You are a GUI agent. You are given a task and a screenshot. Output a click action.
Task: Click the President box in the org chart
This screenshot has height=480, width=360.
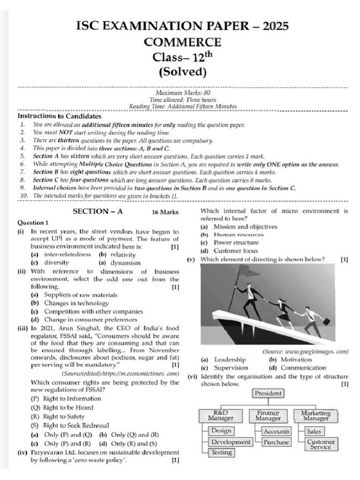[268, 394]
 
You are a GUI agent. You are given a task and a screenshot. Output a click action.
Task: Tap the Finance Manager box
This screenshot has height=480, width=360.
[268, 415]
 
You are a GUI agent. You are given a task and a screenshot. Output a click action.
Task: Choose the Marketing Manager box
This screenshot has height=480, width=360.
[315, 415]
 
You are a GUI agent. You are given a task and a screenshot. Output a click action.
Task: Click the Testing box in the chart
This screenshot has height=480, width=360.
[221, 453]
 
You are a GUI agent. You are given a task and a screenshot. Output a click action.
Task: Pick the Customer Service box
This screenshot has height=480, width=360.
[321, 444]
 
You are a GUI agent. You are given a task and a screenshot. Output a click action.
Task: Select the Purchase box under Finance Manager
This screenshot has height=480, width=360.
[276, 442]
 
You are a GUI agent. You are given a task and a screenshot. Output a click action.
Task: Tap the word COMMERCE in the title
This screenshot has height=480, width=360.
[182, 42]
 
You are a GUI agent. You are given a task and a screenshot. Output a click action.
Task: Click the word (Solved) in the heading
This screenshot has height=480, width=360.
[182, 72]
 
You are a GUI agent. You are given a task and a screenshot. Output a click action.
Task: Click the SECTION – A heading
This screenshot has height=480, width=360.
[97, 211]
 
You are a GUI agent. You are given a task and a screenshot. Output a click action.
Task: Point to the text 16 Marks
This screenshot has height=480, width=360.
[165, 212]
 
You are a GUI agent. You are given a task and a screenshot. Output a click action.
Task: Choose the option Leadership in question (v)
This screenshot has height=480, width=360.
[230, 360]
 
